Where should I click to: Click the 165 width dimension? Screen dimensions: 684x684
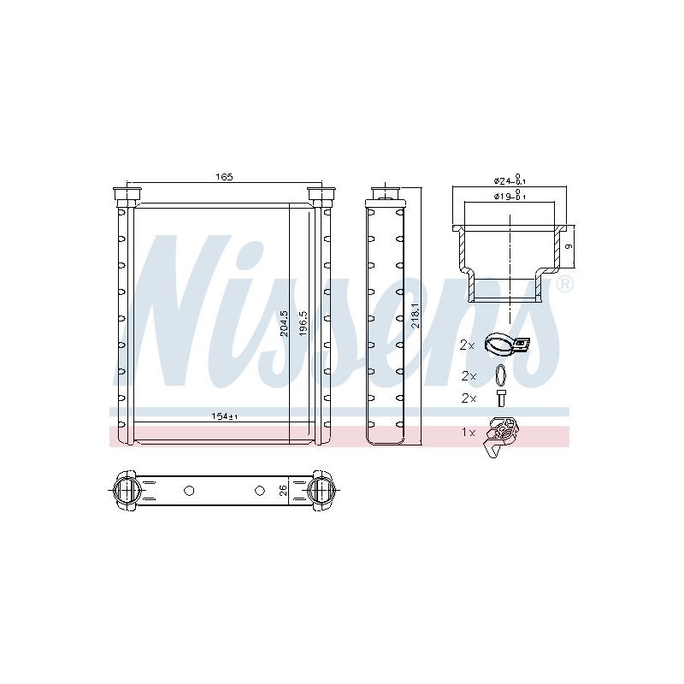pyautogui.click(x=223, y=177)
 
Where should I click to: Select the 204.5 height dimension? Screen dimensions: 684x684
pyautogui.click(x=284, y=326)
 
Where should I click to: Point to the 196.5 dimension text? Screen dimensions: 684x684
pyautogui.click(x=302, y=326)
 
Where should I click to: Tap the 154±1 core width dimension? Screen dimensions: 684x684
pyautogui.click(x=224, y=416)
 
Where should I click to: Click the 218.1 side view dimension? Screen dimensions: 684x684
pyautogui.click(x=415, y=316)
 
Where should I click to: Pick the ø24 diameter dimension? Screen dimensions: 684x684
pyautogui.click(x=510, y=180)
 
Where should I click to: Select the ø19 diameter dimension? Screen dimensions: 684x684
pyautogui.click(x=510, y=197)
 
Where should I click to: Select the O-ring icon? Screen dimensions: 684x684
pyautogui.click(x=500, y=374)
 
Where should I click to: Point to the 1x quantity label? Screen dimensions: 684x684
pyautogui.click(x=468, y=433)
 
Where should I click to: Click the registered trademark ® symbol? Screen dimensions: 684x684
pyautogui.click(x=564, y=284)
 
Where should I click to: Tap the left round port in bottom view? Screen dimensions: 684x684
pyautogui.click(x=127, y=491)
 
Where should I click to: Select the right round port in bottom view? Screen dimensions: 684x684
pyautogui.click(x=321, y=491)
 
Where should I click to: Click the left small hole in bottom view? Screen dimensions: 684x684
pyautogui.click(x=189, y=491)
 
